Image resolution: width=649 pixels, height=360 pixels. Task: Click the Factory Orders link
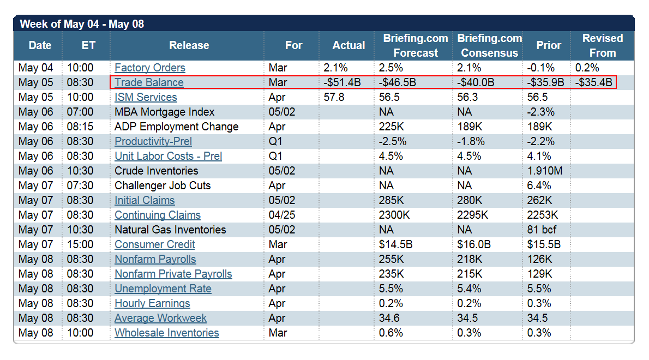[150, 68]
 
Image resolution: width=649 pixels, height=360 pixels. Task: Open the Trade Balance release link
[149, 83]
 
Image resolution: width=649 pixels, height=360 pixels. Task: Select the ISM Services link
[146, 98]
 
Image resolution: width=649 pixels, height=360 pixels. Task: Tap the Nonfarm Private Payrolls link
[173, 274]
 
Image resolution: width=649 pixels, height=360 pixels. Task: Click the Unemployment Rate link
[163, 289]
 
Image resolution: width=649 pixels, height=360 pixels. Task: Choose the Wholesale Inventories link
[167, 333]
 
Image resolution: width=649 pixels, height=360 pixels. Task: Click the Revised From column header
[602, 46]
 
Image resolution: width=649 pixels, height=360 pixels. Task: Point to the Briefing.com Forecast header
[416, 46]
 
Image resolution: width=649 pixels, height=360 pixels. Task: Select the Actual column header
[348, 46]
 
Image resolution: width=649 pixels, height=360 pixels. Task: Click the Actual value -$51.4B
[342, 83]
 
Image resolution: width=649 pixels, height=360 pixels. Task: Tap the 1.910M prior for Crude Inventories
[545, 171]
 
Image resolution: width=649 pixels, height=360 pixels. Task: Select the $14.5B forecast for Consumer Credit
[396, 245]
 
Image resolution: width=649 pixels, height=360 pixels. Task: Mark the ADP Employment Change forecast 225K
[391, 127]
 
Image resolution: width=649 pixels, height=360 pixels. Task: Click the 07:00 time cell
[80, 112]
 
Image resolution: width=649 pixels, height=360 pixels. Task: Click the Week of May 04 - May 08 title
[82, 25]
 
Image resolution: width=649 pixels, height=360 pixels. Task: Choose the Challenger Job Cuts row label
[163, 186]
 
